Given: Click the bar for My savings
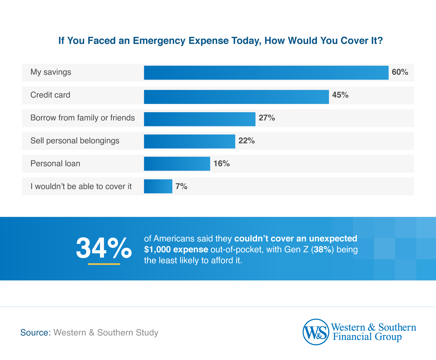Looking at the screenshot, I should point(266,73).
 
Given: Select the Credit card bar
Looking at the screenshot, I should point(236,97).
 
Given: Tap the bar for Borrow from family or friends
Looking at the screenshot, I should point(199,119).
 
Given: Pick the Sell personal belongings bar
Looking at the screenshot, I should point(189,141).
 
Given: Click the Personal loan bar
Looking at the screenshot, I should point(177,164).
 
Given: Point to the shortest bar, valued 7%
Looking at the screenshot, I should point(158,186).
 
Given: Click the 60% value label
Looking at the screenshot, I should point(400,72).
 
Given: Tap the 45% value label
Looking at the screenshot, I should point(340,95).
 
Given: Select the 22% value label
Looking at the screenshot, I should point(246,141).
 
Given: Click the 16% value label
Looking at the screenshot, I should point(221,164).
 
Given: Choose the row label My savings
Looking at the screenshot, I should point(51,72).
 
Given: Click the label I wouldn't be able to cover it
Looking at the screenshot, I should point(81,187).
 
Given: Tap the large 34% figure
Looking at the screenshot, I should point(104,248).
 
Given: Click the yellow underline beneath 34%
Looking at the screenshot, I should point(104,264).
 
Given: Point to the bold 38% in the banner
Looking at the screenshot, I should point(322,250).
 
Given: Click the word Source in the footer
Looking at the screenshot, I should point(35,332).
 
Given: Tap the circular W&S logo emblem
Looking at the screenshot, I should point(316,332).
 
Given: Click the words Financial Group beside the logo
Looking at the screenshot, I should point(367,337).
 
